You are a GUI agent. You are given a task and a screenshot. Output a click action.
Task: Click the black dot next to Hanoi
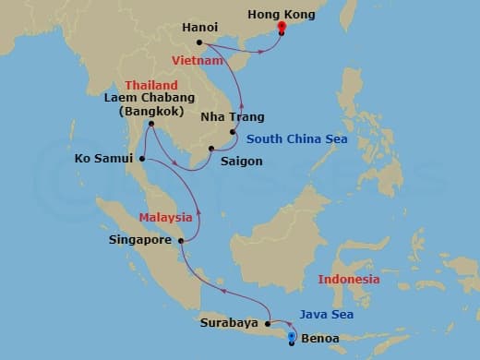(199, 42)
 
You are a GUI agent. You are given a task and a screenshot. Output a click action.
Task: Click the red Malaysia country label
(166, 218)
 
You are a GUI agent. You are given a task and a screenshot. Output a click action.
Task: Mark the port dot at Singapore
(181, 241)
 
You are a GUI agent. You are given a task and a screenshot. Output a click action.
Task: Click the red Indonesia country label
(348, 279)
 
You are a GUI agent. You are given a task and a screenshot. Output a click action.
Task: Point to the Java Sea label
(329, 314)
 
